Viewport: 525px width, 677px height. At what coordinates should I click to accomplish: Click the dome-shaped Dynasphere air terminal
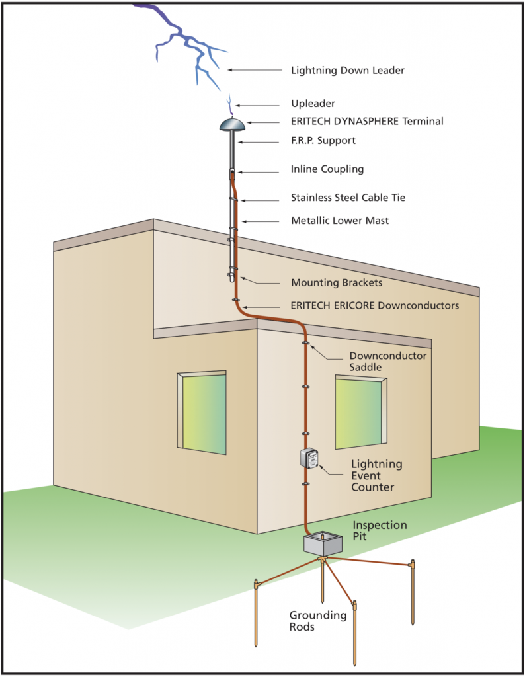tap(232, 124)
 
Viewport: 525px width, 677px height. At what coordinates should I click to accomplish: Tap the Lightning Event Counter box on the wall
tap(309, 458)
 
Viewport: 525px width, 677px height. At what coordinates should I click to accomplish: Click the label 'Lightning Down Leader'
tap(348, 70)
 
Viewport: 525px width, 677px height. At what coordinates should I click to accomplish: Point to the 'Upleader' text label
tap(313, 104)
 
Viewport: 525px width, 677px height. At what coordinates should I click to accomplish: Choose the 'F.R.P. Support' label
tap(323, 140)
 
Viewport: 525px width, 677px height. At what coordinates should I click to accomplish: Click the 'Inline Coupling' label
tap(327, 169)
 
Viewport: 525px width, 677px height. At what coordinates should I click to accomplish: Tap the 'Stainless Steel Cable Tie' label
tap(348, 198)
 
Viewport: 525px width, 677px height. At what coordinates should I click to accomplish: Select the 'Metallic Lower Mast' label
tap(340, 221)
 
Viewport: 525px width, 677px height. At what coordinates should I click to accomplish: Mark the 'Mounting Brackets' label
tap(337, 283)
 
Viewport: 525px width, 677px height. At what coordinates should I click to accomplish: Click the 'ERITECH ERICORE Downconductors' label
tap(375, 305)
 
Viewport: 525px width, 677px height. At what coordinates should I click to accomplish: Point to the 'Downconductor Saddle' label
tap(387, 362)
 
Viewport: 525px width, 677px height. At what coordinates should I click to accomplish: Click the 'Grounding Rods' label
tap(318, 621)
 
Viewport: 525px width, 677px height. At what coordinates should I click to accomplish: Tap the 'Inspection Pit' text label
tap(380, 531)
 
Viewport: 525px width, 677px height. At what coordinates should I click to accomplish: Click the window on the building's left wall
tap(202, 413)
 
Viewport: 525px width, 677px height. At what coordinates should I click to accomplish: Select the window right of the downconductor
tap(361, 412)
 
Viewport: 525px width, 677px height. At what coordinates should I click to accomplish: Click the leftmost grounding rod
tap(256, 613)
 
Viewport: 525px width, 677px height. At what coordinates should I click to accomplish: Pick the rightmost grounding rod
tap(413, 592)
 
